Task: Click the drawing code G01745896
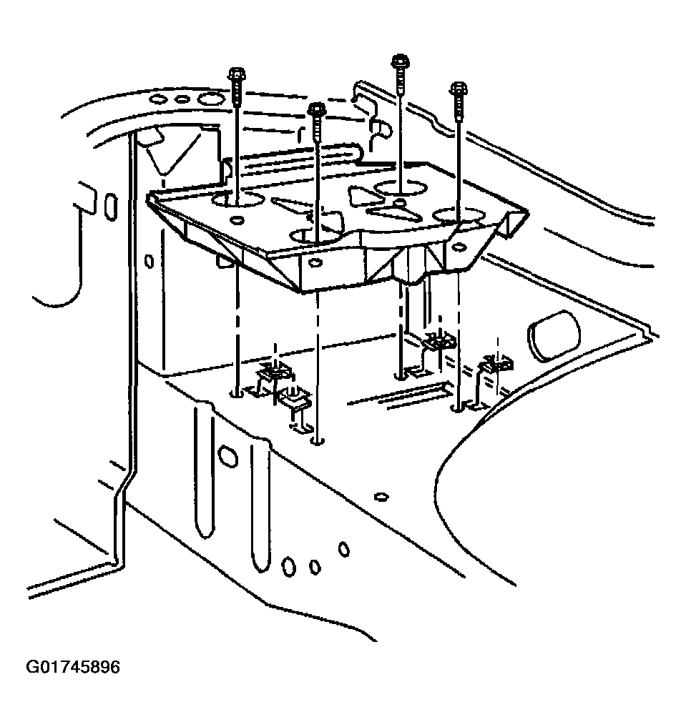pos(74,668)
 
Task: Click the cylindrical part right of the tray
pos(554,335)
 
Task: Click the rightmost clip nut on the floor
pos(496,365)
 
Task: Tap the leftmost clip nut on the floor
pos(274,372)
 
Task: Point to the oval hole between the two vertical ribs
pos(228,455)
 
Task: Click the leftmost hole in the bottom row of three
pos(289,567)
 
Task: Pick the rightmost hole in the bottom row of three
pos(344,549)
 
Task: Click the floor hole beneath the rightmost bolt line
pos(456,409)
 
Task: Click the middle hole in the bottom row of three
pos(315,567)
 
